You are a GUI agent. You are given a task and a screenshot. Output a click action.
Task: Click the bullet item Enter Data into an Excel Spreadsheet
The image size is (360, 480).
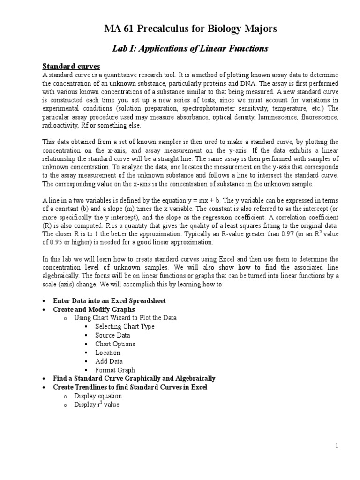(x=109, y=300)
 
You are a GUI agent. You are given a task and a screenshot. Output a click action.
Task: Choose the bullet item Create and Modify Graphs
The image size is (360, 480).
(x=94, y=309)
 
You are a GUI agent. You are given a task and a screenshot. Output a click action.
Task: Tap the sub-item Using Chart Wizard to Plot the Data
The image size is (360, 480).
(x=125, y=318)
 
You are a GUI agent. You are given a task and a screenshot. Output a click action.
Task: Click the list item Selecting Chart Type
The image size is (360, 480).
(x=124, y=327)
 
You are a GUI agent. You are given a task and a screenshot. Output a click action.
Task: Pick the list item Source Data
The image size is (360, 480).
(x=112, y=335)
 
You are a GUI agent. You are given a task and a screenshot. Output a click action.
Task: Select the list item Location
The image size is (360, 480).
(x=107, y=352)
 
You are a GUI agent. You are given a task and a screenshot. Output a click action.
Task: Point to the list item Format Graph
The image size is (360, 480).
(x=115, y=370)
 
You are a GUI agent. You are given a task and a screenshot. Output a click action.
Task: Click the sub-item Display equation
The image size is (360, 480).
(x=98, y=396)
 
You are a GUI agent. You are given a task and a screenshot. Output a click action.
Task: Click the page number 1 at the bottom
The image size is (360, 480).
(x=337, y=445)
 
